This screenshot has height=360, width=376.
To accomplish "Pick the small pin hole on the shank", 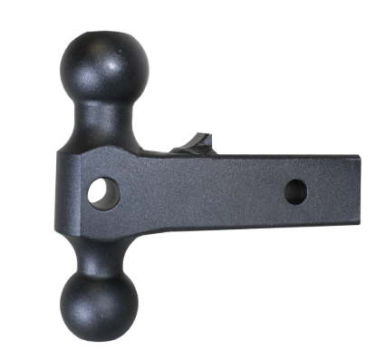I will [295, 191].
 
